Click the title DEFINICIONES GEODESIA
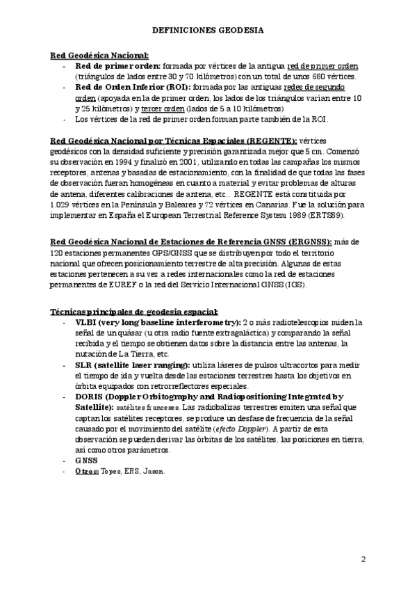pos(208,31)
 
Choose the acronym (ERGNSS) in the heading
pos(309,241)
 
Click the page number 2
pos(363,559)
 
